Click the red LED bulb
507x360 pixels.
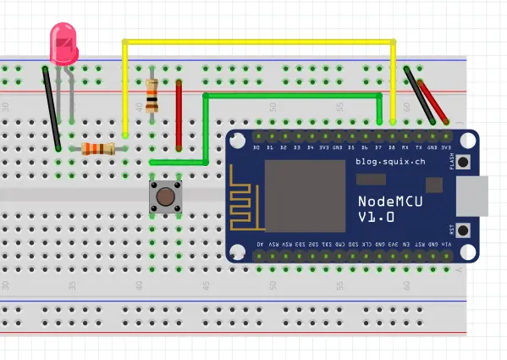[63, 43]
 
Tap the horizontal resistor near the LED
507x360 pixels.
[98, 150]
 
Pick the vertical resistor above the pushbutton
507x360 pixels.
[152, 95]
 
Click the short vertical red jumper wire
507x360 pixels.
[179, 114]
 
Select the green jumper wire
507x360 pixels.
[288, 96]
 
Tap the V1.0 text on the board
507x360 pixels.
[376, 219]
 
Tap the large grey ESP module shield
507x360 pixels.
[306, 196]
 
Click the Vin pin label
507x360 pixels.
[446, 244]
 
